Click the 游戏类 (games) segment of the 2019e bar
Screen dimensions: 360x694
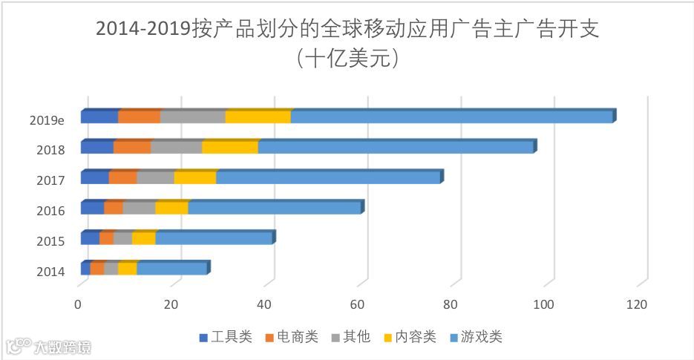pyautogui.click(x=451, y=117)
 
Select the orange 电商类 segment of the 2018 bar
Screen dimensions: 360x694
pyautogui.click(x=132, y=147)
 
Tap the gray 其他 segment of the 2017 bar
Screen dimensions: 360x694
pyautogui.click(x=155, y=177)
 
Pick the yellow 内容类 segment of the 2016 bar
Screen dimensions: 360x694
pyautogui.click(x=171, y=208)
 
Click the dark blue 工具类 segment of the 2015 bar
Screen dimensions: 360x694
pyautogui.click(x=90, y=238)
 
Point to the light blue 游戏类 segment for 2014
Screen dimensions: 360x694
pyautogui.click(x=171, y=269)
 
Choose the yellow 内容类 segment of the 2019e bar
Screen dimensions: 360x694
pyautogui.click(x=258, y=117)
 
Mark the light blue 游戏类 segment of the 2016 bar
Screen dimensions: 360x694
pyautogui.click(x=275, y=208)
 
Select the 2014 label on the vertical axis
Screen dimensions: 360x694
pyautogui.click(x=50, y=272)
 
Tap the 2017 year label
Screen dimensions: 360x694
pyautogui.click(x=50, y=180)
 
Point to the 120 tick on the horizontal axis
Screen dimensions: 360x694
pyautogui.click(x=637, y=304)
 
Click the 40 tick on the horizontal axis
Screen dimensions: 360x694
pyautogui.click(x=264, y=304)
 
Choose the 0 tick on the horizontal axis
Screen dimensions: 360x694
pyautogui.click(x=78, y=304)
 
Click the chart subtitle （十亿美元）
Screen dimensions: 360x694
pyautogui.click(x=347, y=59)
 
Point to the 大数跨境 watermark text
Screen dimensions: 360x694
pyautogui.click(x=62, y=347)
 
